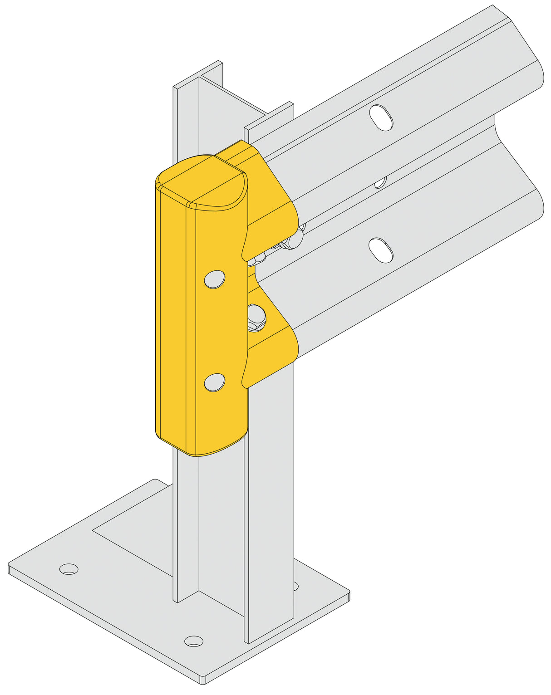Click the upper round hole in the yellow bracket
215,279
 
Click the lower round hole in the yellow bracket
215,382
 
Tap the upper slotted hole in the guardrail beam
381,117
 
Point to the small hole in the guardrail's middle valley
380,182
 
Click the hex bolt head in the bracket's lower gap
256,318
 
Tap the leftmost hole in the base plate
69,569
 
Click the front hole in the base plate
194,641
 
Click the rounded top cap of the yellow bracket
202,181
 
